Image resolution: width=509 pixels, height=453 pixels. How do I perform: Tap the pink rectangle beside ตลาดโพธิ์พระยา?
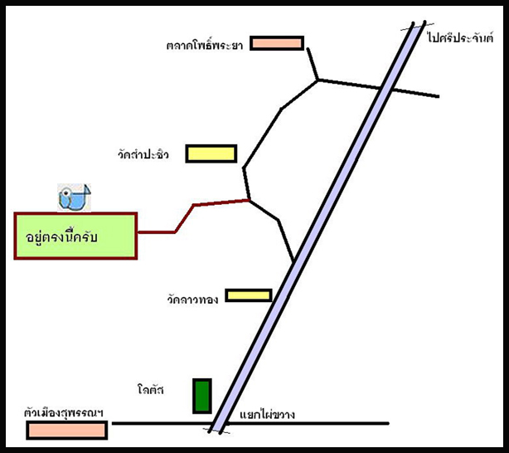(277, 43)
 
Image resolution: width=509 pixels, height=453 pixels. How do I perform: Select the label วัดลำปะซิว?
(143, 154)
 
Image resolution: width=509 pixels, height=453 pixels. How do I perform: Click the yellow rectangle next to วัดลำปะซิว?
(211, 153)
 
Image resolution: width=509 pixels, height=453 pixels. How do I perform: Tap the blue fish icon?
(73, 197)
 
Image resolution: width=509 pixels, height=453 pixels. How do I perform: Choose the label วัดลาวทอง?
(191, 298)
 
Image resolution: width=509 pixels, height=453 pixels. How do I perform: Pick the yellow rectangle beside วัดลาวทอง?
(248, 295)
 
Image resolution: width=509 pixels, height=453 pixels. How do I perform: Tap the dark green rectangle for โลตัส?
(201, 396)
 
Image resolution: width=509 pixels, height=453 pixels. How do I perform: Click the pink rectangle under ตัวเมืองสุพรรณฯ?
(66, 430)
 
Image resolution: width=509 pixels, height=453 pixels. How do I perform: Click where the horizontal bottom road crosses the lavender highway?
(218, 424)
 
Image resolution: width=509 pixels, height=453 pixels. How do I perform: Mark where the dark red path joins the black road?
(249, 200)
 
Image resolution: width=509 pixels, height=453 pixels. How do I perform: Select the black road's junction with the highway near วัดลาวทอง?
(293, 261)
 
